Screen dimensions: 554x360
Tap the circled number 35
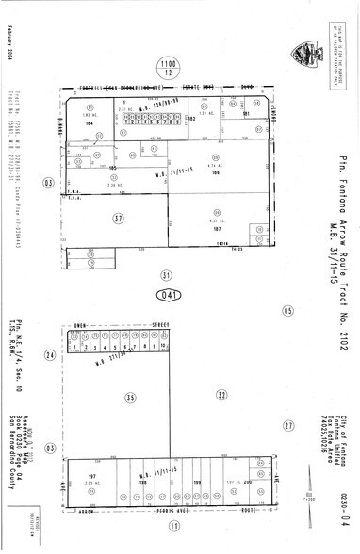[x=131, y=398]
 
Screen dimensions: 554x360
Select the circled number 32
[x=221, y=396]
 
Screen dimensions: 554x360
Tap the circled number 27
[x=288, y=426]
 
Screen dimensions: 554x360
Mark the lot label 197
[x=91, y=477]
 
